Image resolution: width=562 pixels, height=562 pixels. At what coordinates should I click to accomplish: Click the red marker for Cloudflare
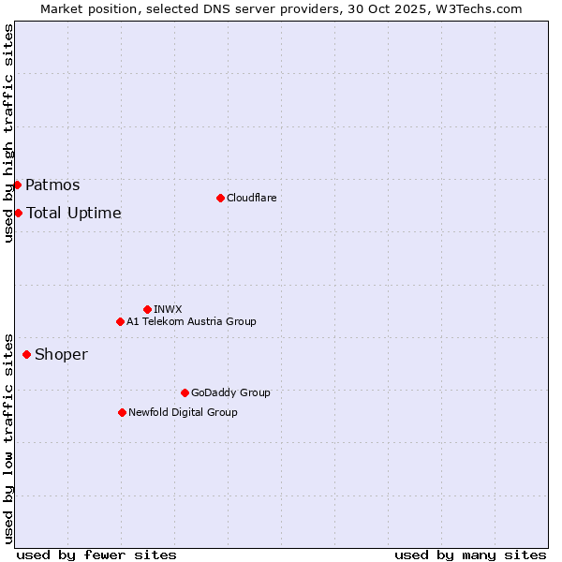220,198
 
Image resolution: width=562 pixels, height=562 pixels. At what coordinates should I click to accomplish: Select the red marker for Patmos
18,185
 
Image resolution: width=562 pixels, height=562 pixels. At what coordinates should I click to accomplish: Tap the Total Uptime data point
18,213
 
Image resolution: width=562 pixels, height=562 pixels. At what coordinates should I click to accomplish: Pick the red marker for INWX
147,309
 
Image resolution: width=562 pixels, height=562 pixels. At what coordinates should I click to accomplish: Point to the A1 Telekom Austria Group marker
120,321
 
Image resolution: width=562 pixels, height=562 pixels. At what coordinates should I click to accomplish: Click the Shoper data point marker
26,354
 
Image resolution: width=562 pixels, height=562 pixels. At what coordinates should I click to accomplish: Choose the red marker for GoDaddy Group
185,392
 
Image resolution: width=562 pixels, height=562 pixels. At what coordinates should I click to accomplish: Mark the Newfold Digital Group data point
122,412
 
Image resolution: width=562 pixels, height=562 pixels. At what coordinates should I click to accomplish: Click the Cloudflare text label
251,198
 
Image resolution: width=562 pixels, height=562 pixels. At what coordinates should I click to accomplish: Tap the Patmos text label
52,185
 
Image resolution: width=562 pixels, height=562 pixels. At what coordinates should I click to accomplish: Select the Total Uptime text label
74,214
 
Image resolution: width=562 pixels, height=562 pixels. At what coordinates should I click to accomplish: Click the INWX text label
168,309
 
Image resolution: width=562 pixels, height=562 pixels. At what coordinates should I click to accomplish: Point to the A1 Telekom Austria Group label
191,321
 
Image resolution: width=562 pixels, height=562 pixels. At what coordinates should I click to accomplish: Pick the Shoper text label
61,355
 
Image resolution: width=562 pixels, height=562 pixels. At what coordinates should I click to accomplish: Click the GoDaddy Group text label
230,392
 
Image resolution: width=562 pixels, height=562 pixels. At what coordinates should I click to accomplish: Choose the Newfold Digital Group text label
183,412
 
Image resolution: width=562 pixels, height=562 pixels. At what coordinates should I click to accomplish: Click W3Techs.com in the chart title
481,8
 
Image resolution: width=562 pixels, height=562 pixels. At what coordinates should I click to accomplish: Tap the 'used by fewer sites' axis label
96,555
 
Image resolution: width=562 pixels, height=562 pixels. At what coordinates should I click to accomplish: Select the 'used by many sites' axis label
470,555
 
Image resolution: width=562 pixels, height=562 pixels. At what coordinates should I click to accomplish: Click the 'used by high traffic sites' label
8,134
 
